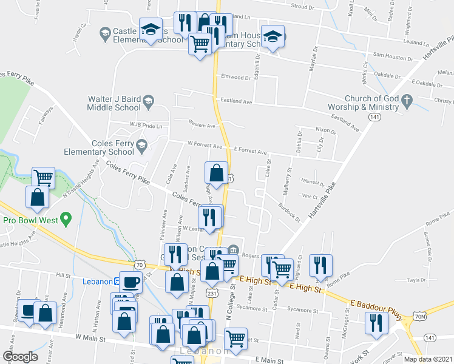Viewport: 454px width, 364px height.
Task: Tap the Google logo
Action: click(x=19, y=357)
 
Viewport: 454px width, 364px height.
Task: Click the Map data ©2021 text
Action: click(x=427, y=359)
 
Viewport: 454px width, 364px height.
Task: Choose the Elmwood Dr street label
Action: click(x=236, y=78)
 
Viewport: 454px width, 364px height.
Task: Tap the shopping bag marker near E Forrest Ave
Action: click(x=217, y=174)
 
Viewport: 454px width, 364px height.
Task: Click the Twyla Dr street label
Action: click(x=416, y=280)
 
